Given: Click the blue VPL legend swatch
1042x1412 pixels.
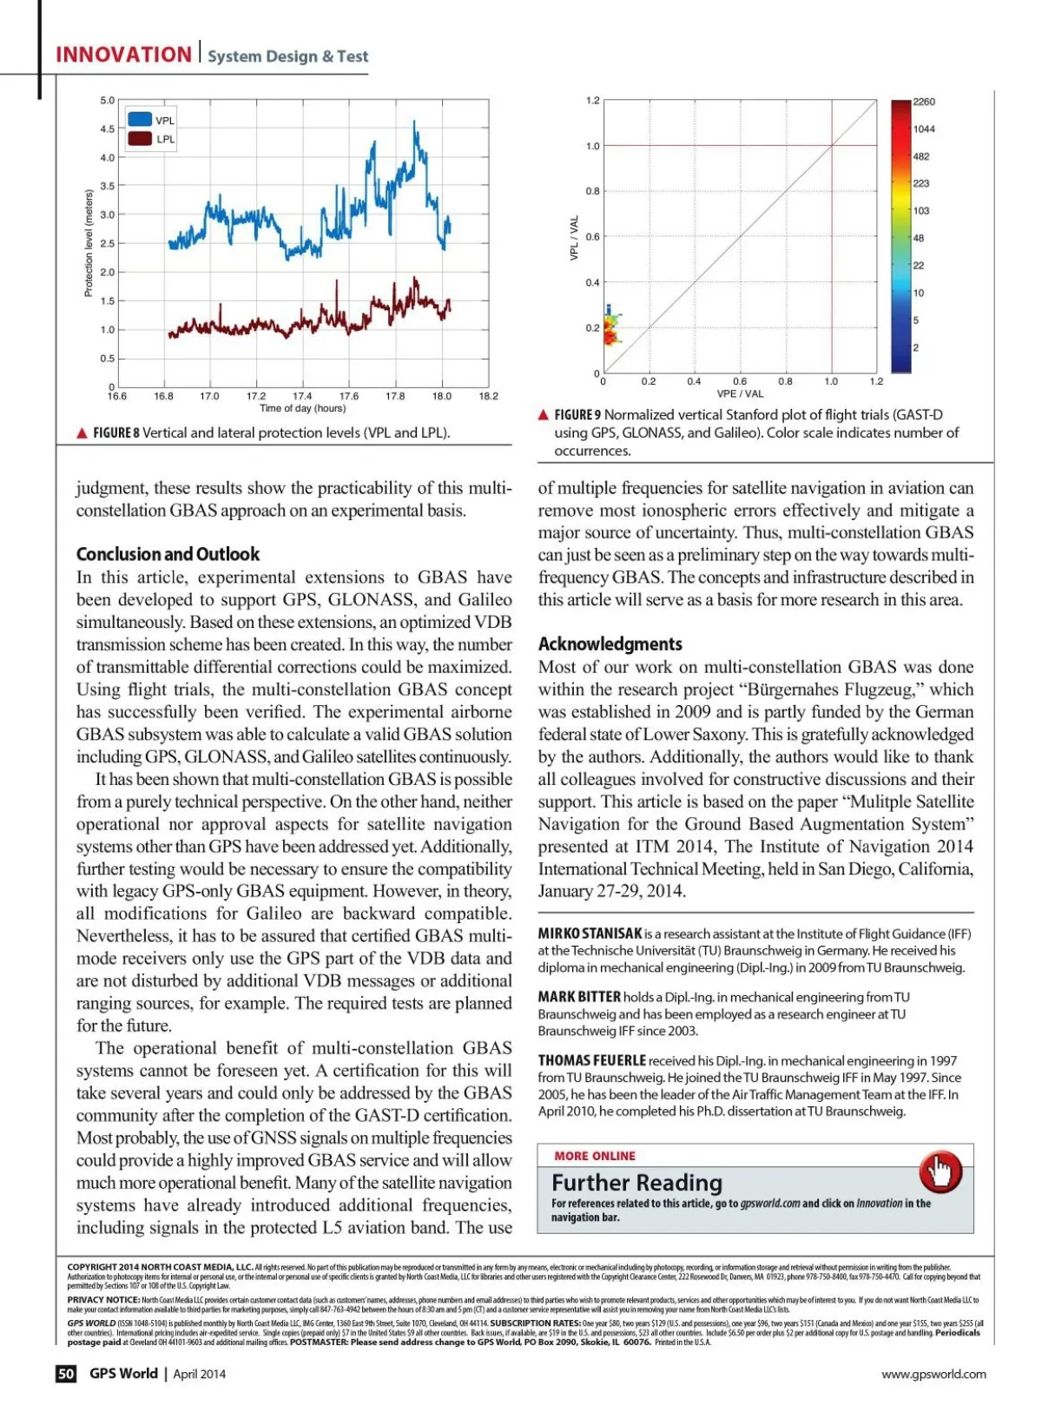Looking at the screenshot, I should pos(140,120).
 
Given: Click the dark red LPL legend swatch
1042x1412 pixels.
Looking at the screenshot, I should pos(140,139).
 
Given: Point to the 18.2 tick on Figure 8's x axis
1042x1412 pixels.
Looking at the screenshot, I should pos(489,396).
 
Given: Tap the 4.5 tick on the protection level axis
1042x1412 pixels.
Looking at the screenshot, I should pos(107,129).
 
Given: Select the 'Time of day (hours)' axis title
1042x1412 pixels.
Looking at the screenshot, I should pos(302,408).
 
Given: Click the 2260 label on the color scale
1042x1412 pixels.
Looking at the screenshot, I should pos(924,102).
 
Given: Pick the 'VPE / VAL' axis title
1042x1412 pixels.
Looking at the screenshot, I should pos(740,393).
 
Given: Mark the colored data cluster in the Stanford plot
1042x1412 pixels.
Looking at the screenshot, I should pos(612,328).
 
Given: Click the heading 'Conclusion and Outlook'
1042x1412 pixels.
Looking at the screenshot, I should pos(168,554).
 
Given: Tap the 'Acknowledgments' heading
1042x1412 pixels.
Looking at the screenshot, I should pos(610,643).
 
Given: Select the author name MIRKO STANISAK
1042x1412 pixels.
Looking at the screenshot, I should pos(590,934).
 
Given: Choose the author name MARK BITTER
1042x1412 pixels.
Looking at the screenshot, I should pos(579,997).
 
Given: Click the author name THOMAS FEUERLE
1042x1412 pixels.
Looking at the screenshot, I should pos(591,1060).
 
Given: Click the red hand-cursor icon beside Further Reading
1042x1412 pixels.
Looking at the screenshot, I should pos(940,1171).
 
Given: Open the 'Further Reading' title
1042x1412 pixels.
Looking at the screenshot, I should pos(636,1183).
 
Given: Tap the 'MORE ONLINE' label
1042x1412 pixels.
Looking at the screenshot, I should pos(595,1156).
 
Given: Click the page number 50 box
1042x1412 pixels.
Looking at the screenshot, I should pos(66,1373).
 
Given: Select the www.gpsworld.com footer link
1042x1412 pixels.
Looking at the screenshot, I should pos(933,1374).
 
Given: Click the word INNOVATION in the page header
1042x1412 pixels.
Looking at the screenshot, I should pos(123,55).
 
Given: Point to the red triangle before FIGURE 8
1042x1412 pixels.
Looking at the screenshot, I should pos(82,432).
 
